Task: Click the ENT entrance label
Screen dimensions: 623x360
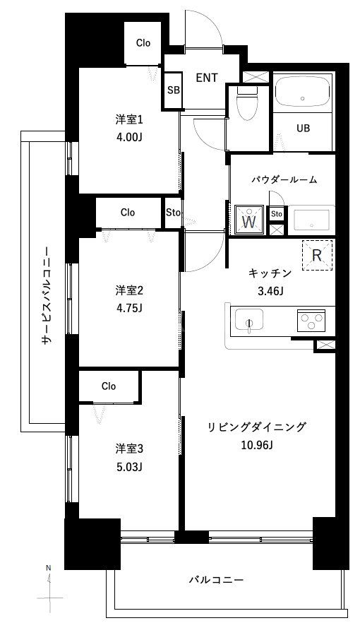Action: [206, 77]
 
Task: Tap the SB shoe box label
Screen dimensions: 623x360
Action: [173, 90]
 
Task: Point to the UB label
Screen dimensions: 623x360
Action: [303, 129]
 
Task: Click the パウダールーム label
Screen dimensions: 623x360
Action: [283, 180]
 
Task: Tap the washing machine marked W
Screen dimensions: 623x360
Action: [248, 220]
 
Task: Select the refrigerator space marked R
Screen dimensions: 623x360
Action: [317, 256]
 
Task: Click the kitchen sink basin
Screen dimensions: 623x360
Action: [248, 322]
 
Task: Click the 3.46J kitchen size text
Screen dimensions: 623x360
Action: [270, 290]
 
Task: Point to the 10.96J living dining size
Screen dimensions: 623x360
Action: [256, 445]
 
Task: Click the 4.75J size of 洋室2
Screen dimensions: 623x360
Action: [129, 307]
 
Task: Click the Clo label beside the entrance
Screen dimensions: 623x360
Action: [143, 43]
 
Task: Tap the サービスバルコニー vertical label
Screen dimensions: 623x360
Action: [46, 295]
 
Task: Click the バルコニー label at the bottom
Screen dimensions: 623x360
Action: [216, 580]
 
